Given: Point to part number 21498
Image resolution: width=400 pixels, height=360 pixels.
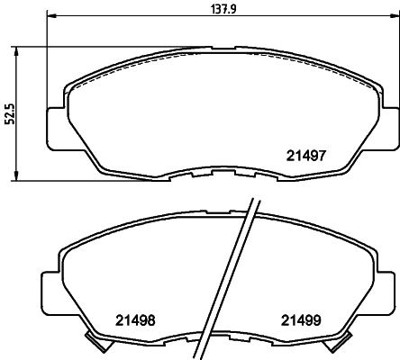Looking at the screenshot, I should tap(133, 319).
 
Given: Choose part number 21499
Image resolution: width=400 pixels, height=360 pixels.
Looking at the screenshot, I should tap(299, 319).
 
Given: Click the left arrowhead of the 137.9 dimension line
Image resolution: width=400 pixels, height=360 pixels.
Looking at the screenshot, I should tap(50, 16).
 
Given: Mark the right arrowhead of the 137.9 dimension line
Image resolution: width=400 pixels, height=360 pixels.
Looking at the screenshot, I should tap(392, 16).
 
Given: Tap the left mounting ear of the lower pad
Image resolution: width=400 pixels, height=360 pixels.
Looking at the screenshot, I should tap(50, 289).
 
